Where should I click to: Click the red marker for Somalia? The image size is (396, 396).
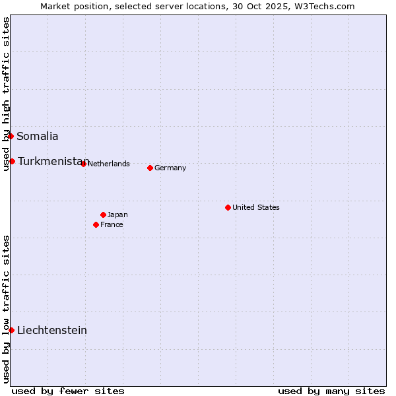(x=11, y=136)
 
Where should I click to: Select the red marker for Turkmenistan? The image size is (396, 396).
(x=12, y=161)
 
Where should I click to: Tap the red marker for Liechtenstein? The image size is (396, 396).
(x=11, y=330)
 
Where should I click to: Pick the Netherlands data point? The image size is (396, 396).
(x=83, y=164)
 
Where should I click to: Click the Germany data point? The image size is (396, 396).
(x=150, y=168)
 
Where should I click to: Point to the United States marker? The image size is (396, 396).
(x=228, y=207)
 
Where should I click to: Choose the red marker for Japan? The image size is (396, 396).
(x=103, y=214)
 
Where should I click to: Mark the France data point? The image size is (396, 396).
(x=96, y=224)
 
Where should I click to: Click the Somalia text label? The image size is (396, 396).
(x=38, y=137)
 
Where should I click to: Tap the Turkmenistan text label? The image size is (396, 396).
(x=53, y=162)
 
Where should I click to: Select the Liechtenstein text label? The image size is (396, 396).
(x=52, y=331)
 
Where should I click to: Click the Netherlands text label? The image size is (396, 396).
(x=108, y=164)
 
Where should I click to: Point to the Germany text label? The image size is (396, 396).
(x=170, y=168)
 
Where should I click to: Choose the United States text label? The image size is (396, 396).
(x=256, y=207)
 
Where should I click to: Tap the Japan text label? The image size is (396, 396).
(x=117, y=214)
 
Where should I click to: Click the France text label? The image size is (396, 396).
(x=112, y=224)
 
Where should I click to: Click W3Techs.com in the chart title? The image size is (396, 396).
(x=323, y=7)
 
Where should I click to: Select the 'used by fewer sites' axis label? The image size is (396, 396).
(x=68, y=391)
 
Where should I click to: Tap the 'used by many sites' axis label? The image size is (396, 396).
(x=331, y=391)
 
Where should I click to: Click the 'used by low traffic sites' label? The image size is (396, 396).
(x=6, y=309)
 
